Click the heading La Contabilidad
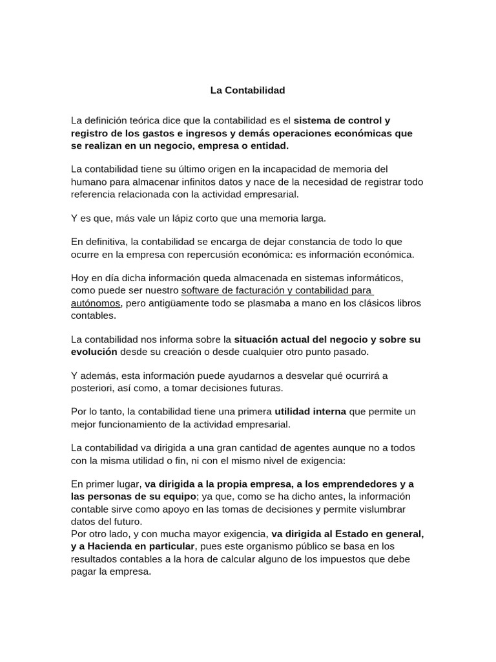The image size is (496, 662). click(x=247, y=91)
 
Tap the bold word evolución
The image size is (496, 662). click(x=94, y=352)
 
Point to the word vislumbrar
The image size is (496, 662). click(x=382, y=509)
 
